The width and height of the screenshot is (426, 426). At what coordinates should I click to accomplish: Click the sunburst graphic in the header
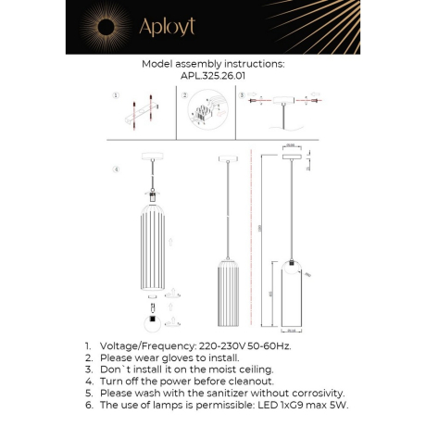coord(97,28)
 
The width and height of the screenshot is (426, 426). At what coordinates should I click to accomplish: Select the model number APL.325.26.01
coord(212,79)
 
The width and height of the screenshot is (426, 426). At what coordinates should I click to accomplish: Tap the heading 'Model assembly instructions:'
coord(212,65)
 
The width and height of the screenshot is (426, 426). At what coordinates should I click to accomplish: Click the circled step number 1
coord(115,96)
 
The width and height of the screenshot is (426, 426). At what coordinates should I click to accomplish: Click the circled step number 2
coord(184,96)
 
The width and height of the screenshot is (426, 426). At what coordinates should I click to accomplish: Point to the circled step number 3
coord(242,96)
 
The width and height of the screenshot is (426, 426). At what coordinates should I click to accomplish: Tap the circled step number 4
coord(115,170)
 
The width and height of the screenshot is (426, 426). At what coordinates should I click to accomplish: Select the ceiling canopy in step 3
coord(285,105)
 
